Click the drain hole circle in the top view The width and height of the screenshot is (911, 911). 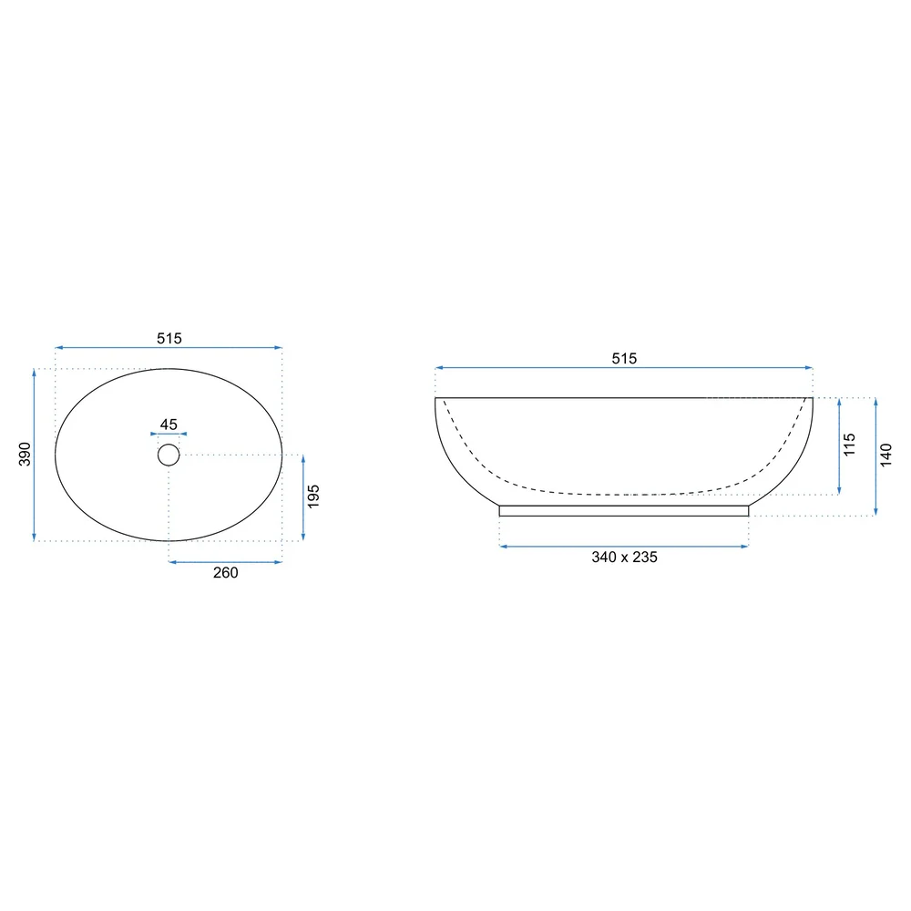tap(169, 445)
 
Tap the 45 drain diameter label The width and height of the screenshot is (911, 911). tap(169, 425)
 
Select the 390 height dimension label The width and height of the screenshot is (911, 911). tap(25, 455)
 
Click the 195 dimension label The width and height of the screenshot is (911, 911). tap(313, 496)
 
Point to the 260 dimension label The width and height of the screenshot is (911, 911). tap(225, 573)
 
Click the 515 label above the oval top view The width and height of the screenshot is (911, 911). tap(169, 338)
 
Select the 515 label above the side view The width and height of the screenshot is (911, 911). tap(624, 358)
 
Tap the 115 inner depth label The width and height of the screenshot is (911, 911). tap(849, 445)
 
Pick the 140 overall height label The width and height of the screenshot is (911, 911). tap(885, 455)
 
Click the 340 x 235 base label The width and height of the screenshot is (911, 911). tap(625, 558)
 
